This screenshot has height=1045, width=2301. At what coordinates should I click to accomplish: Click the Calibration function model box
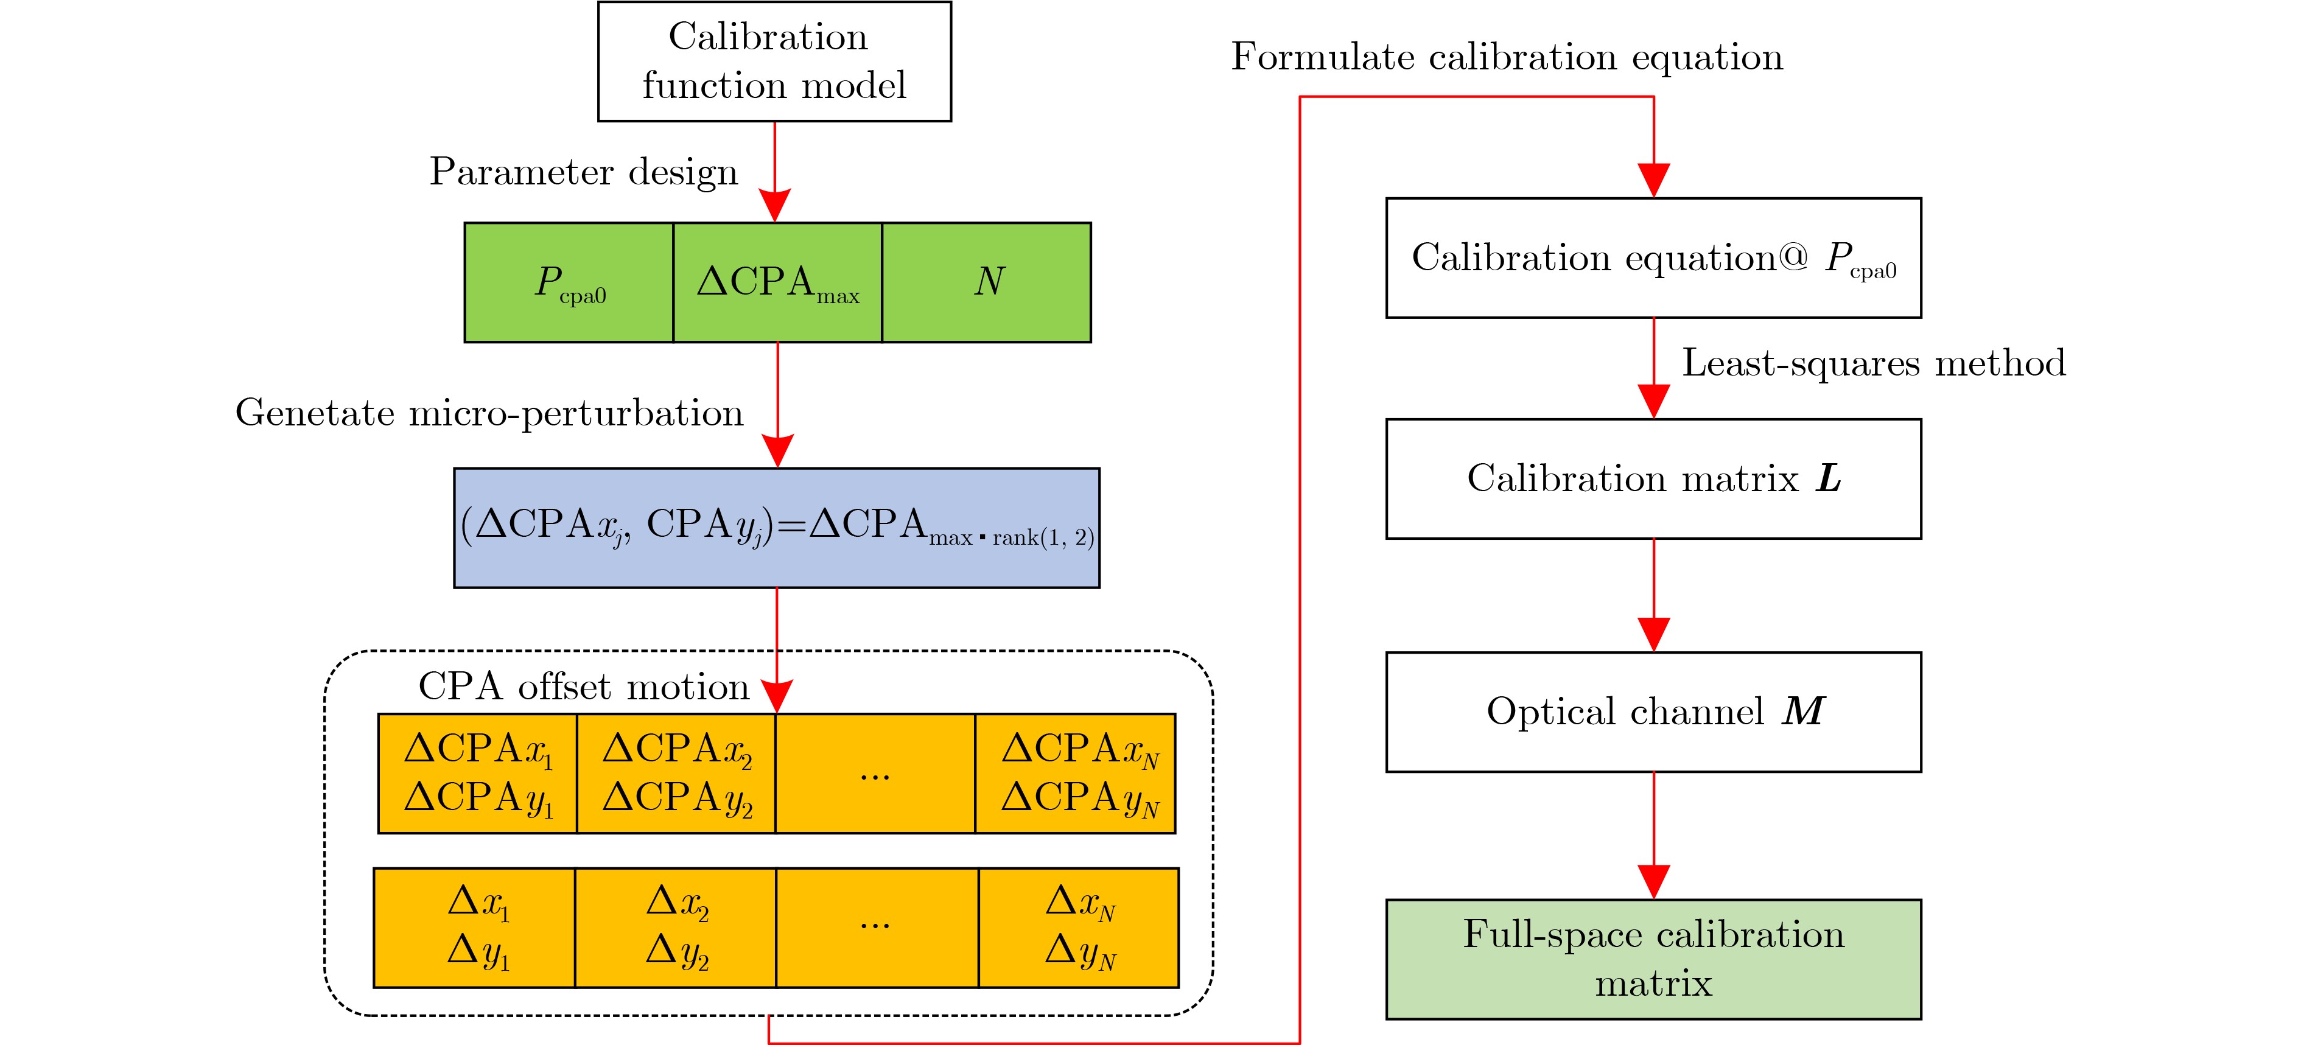pos(774,61)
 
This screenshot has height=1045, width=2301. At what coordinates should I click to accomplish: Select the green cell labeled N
pos(986,282)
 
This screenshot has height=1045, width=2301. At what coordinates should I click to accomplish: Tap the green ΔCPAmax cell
pos(777,282)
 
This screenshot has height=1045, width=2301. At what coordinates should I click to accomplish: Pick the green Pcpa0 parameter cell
pos(569,282)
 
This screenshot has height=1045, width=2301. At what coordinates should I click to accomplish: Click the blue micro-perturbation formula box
pos(776,527)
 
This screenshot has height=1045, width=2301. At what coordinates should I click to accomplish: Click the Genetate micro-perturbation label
pos(489,413)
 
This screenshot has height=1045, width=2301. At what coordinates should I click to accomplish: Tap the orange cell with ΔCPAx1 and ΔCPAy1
pos(478,774)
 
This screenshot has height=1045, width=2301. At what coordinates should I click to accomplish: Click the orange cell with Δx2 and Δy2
pos(676,927)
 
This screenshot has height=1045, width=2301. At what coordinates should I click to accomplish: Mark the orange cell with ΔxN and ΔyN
pos(1079,927)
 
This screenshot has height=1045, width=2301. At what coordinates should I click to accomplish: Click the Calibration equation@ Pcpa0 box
pos(1653,258)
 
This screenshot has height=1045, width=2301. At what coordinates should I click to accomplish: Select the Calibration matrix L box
pos(1653,479)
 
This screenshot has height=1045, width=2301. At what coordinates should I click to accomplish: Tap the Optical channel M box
pos(1653,712)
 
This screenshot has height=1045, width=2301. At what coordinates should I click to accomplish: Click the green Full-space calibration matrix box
pos(1653,959)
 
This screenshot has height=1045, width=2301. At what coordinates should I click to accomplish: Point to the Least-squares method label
pos(1873,363)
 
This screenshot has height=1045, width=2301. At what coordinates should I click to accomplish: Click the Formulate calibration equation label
pos(1506,57)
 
